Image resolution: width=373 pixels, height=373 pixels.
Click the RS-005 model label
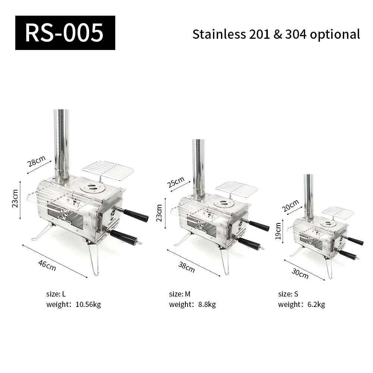(x=65, y=33)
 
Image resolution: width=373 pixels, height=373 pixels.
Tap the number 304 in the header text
(x=296, y=34)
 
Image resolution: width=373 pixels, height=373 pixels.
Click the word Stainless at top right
(x=219, y=34)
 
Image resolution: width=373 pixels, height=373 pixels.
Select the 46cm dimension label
(x=47, y=265)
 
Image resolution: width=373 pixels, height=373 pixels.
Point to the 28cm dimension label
(x=36, y=161)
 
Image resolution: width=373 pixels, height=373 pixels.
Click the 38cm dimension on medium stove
(x=186, y=267)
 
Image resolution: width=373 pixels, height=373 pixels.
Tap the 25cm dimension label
(x=176, y=182)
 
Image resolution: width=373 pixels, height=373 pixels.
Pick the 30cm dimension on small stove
(x=300, y=273)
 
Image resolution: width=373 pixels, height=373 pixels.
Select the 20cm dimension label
(x=290, y=206)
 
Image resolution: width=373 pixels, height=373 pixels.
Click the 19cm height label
(x=278, y=231)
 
